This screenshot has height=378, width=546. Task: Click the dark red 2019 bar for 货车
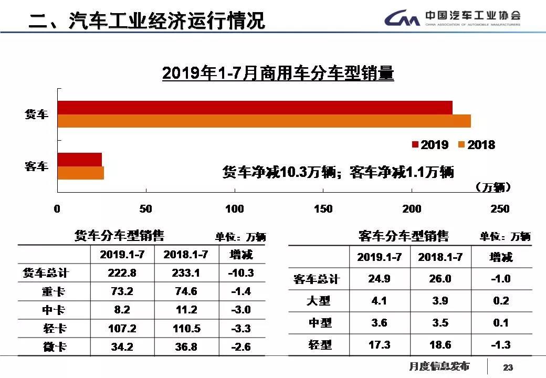[x=255, y=108]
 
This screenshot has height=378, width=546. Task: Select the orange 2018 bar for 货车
[x=264, y=121]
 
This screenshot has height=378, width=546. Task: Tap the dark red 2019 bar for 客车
[x=79, y=160]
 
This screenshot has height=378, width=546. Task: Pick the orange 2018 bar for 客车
[x=80, y=173]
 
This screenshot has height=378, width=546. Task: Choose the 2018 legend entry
[x=477, y=145]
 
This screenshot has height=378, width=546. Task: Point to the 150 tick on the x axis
[x=323, y=209]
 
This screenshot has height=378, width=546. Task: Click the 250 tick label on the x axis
[x=500, y=209]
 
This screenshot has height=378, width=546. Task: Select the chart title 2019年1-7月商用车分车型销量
[x=278, y=73]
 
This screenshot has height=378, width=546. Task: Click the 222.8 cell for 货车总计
[x=122, y=273]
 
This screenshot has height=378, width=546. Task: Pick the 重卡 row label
[x=54, y=291]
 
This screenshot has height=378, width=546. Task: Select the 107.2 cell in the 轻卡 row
[x=122, y=329]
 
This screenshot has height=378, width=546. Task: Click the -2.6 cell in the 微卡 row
[x=241, y=347]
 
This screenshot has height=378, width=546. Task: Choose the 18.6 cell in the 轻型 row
[x=440, y=344]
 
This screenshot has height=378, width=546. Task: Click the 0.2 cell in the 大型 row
[x=501, y=301]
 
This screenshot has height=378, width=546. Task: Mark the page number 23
[x=508, y=367]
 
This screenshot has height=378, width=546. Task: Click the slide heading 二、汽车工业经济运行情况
[x=147, y=21]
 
